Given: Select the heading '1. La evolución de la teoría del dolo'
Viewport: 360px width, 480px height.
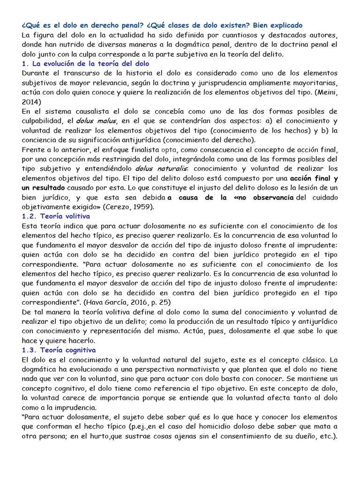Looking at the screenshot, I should point(86,63).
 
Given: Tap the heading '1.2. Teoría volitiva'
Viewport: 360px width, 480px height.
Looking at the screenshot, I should point(56,216).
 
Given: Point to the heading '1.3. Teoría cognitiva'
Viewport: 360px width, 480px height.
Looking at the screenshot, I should point(59,350).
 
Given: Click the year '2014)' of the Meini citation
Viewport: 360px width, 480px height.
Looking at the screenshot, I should point(31,101).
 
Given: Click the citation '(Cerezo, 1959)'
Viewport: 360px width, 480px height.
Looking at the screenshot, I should point(136,206).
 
